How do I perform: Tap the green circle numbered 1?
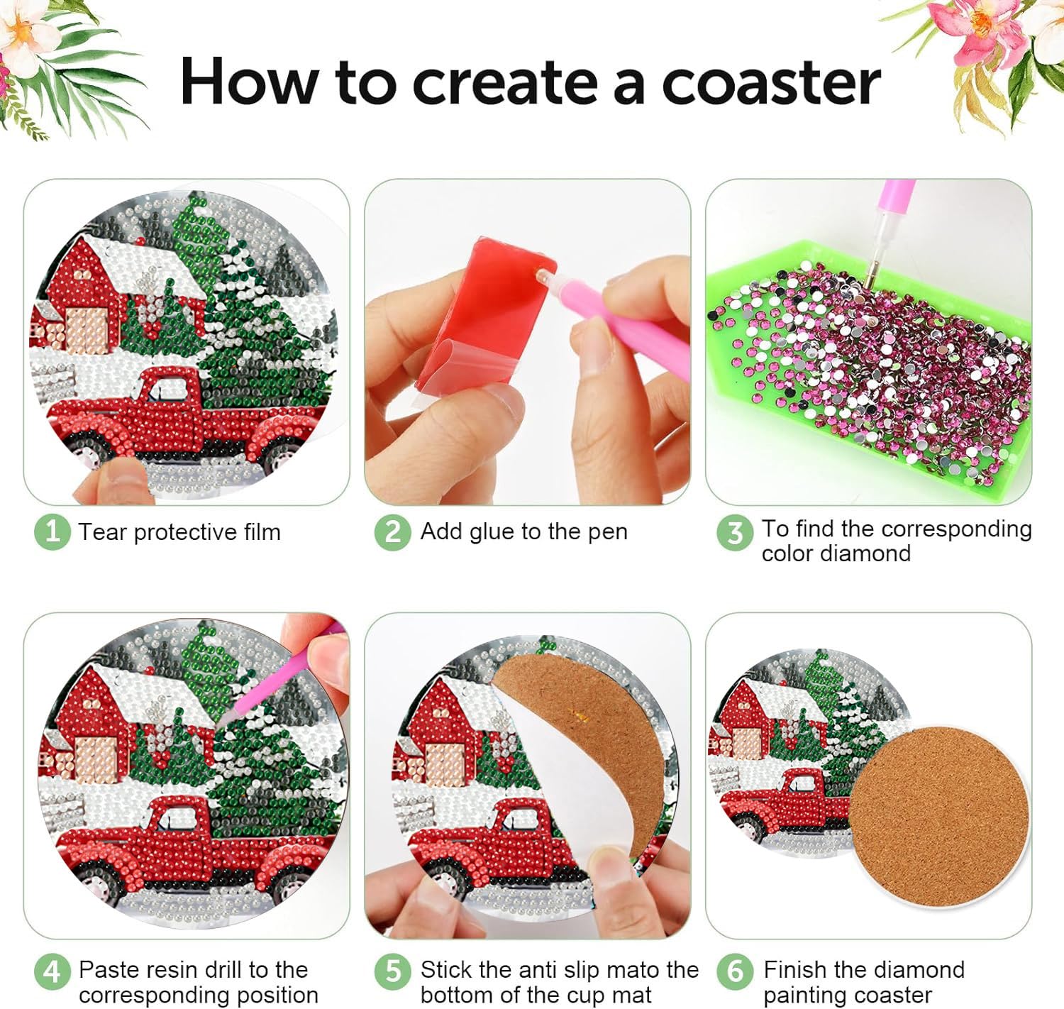[x=52, y=532]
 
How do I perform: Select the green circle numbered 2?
[x=393, y=532]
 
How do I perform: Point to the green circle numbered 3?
[x=735, y=533]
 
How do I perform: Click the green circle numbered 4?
[x=52, y=972]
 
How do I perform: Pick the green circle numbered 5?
[x=393, y=972]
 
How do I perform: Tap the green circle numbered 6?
[x=735, y=972]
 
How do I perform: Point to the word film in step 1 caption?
[x=262, y=532]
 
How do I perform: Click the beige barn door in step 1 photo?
[x=86, y=331]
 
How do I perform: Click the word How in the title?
[x=249, y=81]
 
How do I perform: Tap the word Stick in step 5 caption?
[x=445, y=969]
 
